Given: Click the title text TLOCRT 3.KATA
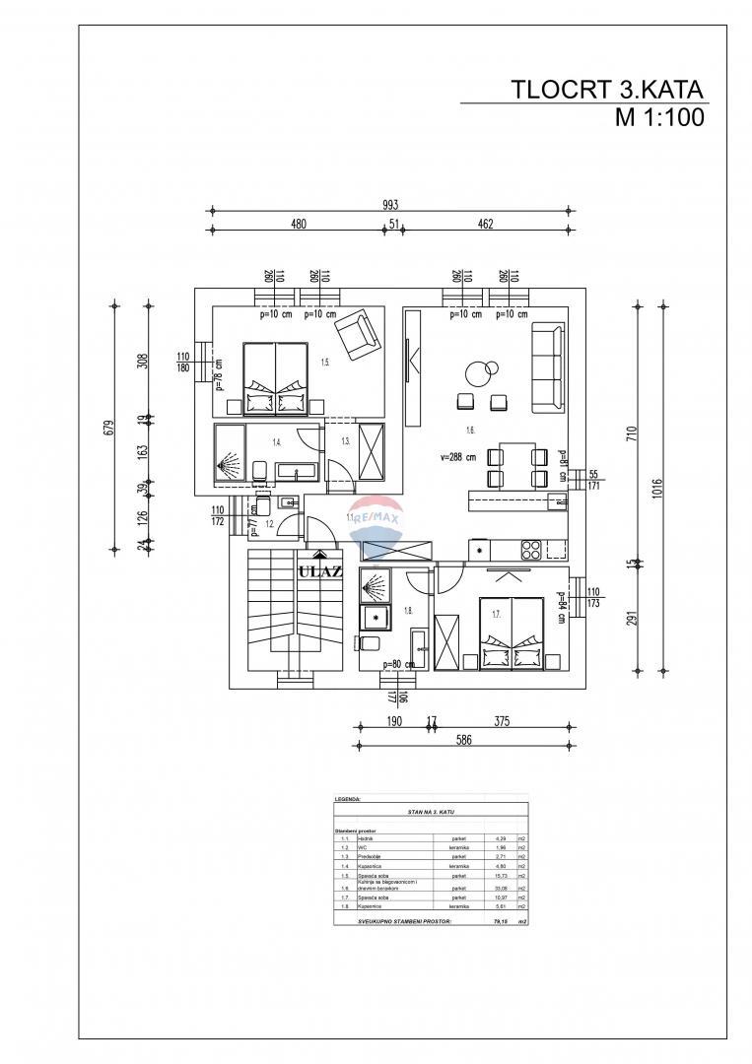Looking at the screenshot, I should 607,90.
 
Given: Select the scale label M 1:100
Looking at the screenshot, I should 658,119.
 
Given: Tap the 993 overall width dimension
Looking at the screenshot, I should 390,205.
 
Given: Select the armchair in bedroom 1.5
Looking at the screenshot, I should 357,335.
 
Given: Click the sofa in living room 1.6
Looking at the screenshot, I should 548,367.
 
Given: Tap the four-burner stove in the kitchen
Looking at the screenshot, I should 529,550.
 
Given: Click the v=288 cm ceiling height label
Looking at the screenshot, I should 459,457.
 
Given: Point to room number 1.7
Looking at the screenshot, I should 497,614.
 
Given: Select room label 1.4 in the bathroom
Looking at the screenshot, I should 278,442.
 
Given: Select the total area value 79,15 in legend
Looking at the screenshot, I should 498,922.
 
